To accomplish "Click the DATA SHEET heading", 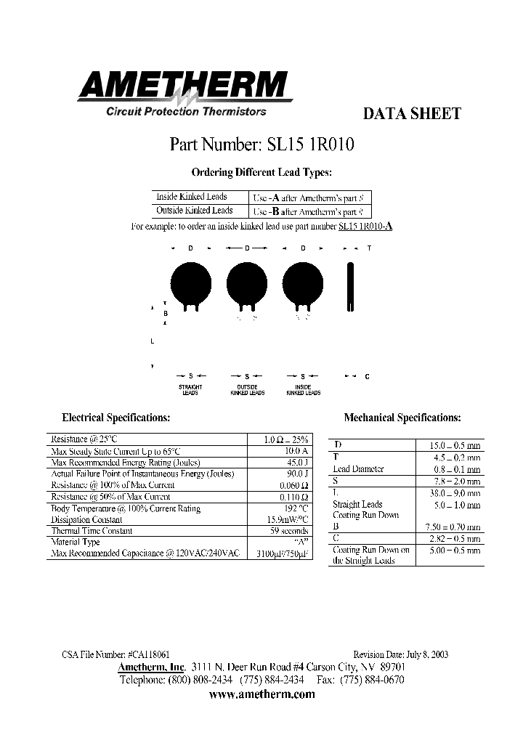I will pyautogui.click(x=411, y=114).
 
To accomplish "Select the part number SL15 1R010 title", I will pyautogui.click(x=262, y=144).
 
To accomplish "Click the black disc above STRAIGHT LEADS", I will pyautogui.click(x=190, y=282).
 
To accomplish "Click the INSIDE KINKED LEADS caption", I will pyautogui.click(x=304, y=390).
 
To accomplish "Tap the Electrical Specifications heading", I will pyautogui.click(x=116, y=418).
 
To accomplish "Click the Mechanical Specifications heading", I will pyautogui.click(x=402, y=418).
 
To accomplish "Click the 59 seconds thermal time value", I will pyautogui.click(x=290, y=531).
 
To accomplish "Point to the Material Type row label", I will pyautogui.click(x=76, y=542).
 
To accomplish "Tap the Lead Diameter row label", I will pyautogui.click(x=358, y=468).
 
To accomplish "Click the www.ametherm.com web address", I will pyautogui.click(x=261, y=694).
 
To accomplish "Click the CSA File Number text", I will pyautogui.click(x=116, y=654).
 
